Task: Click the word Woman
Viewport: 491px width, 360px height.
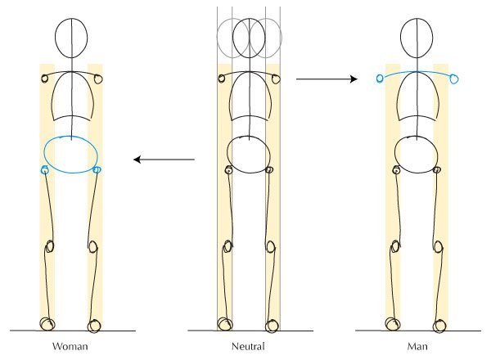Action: pos(70,346)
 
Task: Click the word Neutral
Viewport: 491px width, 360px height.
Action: pos(248,346)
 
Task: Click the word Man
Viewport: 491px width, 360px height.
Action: pos(417,346)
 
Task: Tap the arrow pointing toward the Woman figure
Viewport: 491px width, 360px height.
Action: pos(164,160)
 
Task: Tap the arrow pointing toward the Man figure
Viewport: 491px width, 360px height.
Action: pos(327,79)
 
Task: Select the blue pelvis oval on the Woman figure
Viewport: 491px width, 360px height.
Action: pos(44,153)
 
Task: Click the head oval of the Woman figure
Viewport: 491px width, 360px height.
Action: pos(56,38)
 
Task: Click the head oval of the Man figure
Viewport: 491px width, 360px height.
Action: pos(401,38)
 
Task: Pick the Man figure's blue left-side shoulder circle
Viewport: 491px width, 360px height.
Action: pos(380,79)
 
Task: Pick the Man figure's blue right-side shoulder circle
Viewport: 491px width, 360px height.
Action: pos(453,79)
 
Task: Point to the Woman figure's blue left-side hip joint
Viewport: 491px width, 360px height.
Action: pos(45,170)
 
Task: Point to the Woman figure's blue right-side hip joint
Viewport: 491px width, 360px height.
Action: pos(97,170)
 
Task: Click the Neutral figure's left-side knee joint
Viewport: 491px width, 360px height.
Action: pos(227,246)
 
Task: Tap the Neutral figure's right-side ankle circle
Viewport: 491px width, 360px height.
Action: pos(272,326)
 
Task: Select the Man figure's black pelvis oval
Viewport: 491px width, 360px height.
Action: pos(395,155)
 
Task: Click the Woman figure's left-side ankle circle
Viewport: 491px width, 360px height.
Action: pos(47,324)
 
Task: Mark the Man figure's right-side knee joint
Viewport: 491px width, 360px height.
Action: pos(439,246)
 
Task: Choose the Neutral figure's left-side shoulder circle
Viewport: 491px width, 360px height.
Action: pos(222,79)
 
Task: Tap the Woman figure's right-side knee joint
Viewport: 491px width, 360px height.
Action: pos(92,246)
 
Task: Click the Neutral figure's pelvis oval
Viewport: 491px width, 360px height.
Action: pos(227,155)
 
